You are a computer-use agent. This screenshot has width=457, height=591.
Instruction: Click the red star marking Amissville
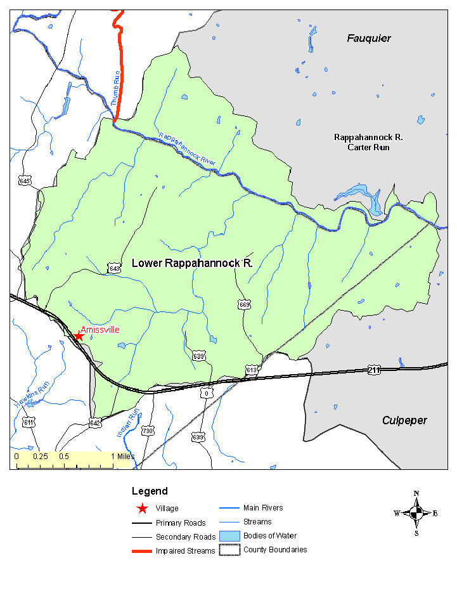[79, 336]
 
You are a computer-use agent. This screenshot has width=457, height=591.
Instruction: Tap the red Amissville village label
[100, 330]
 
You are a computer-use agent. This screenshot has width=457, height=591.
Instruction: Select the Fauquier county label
[368, 39]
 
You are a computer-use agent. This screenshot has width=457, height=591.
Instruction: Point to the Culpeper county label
[404, 420]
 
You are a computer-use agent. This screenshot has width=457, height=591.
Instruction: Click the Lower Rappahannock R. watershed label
[192, 263]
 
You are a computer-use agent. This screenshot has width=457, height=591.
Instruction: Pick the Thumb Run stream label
[115, 88]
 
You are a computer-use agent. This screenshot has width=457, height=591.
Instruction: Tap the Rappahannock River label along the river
[187, 149]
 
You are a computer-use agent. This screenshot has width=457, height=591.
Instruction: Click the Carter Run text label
[368, 148]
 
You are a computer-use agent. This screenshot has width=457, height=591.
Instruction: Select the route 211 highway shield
[373, 369]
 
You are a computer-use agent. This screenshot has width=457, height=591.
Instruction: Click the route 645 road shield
[25, 181]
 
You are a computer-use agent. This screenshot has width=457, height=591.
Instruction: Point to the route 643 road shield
[113, 268]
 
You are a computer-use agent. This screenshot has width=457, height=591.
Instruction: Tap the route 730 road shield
[148, 431]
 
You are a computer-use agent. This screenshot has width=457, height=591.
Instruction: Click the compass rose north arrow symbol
[416, 513]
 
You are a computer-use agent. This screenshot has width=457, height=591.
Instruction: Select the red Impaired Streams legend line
[141, 551]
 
